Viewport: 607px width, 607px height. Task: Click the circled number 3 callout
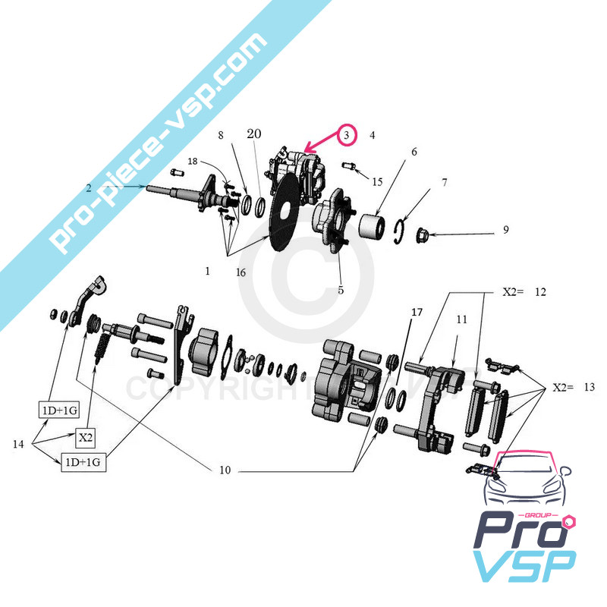click(346, 135)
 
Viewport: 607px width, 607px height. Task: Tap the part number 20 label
click(253, 134)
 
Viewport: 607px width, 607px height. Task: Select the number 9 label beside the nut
click(505, 229)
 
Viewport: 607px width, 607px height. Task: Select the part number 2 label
click(90, 187)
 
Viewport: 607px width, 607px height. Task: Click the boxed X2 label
click(85, 438)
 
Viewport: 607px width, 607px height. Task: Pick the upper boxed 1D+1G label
click(58, 410)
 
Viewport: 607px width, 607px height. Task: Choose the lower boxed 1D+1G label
click(83, 462)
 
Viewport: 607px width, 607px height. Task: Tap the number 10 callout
click(225, 470)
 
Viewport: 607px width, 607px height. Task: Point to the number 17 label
click(417, 313)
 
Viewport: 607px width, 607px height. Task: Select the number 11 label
click(461, 320)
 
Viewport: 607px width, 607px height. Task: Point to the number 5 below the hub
click(341, 289)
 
